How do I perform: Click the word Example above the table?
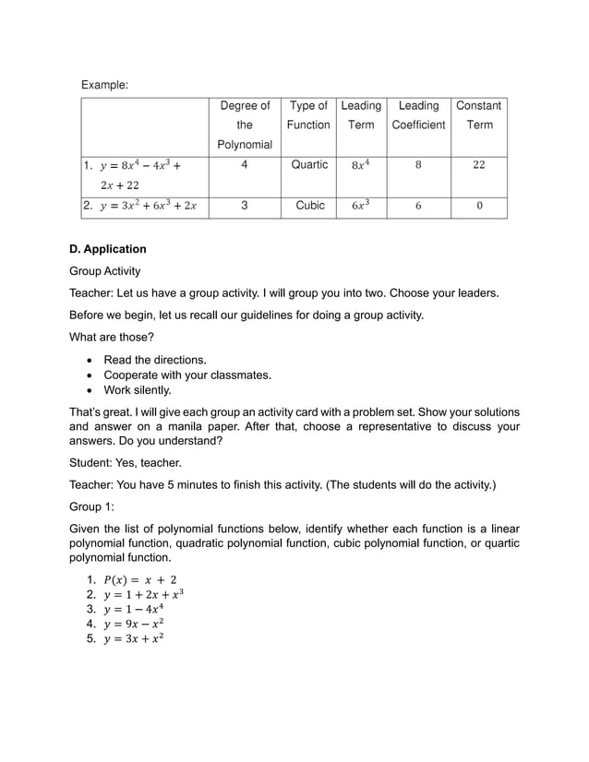coord(104,85)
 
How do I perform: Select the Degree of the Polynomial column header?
coord(245,125)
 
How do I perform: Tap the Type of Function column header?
coord(308,115)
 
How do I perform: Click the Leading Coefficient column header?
coord(418,115)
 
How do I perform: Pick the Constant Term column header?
coord(479,115)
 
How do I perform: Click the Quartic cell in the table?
coord(309,165)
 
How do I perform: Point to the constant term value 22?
coord(478,165)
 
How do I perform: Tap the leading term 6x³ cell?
coord(361,206)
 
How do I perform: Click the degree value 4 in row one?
coord(244,165)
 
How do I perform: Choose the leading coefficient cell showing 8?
coord(418,165)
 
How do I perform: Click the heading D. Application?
coord(108,249)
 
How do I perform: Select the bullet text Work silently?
coord(138,390)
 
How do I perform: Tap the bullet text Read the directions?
coord(155,360)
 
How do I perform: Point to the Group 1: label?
coord(91,506)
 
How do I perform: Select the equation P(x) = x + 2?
coord(139,579)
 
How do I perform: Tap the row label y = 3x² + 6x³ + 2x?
coord(148,206)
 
